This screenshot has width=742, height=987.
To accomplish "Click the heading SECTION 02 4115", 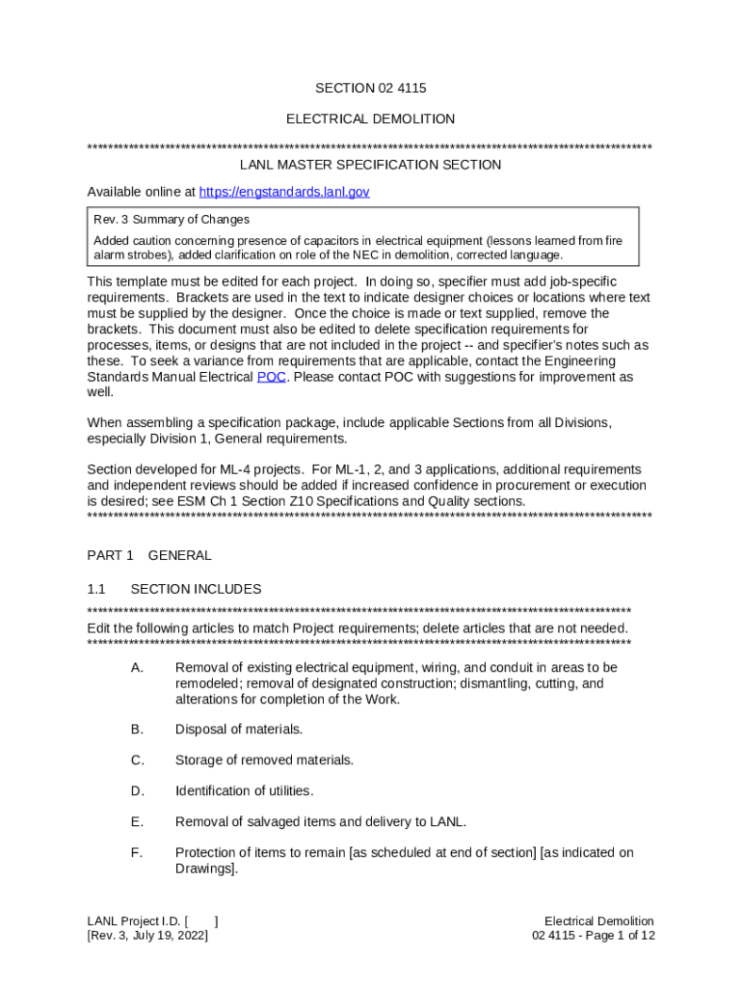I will (x=370, y=89).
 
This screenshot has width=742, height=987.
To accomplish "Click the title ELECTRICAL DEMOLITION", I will (x=370, y=119).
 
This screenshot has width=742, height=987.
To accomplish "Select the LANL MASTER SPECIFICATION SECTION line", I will (x=370, y=165).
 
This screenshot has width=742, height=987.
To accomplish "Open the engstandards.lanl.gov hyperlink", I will (x=283, y=192).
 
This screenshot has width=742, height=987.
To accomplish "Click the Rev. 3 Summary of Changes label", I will (x=172, y=220).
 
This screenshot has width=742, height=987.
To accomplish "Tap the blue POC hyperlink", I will (x=271, y=377).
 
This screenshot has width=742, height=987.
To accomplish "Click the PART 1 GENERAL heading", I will (x=149, y=555).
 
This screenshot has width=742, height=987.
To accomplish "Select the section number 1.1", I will (x=95, y=589).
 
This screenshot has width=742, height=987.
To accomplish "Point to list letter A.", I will (x=137, y=668).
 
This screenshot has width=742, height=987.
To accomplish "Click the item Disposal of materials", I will (x=238, y=730).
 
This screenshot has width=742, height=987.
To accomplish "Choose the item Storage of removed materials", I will (x=264, y=760).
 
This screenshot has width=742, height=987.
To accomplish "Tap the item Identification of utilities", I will (x=244, y=791).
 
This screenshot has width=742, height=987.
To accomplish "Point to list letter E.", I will (x=137, y=822).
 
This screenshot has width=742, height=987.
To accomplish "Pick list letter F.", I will (x=137, y=853).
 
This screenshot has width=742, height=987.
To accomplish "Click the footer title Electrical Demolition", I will (x=598, y=921).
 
